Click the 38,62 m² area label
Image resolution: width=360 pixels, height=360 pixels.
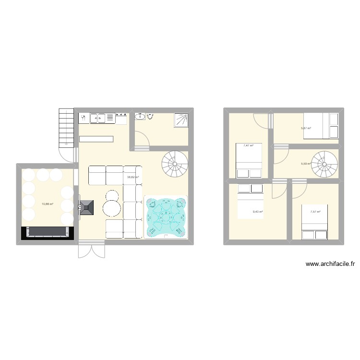132,177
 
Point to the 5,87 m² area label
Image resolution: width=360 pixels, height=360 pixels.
306,128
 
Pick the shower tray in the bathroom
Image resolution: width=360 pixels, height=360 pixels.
181,119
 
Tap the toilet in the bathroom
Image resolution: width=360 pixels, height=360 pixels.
151,116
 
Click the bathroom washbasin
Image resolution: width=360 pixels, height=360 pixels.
141,116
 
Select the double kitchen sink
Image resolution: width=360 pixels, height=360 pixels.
97,117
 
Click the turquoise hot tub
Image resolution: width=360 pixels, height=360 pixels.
166,217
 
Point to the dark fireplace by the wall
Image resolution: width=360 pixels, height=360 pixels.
87,207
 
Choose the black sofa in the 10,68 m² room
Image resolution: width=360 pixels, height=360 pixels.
47,232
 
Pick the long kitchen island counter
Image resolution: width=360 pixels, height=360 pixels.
96,139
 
